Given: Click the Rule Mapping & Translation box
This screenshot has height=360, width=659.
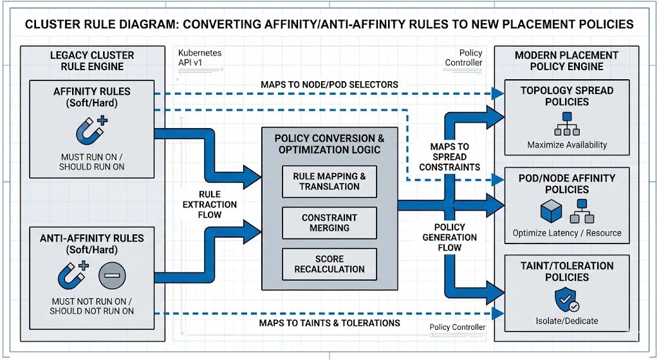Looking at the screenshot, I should [x=329, y=181].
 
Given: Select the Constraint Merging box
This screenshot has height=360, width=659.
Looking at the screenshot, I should [x=329, y=223].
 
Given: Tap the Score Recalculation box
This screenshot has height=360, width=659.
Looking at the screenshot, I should [x=329, y=264].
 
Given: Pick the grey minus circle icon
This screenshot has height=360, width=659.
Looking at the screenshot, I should [x=112, y=276].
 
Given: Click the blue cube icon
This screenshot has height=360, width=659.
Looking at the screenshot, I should [x=551, y=211].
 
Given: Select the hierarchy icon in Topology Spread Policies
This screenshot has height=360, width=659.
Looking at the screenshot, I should [x=567, y=123].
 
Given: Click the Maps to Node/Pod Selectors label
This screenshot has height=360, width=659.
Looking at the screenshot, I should [x=329, y=84].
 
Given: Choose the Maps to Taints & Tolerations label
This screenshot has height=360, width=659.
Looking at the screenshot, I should [x=329, y=323].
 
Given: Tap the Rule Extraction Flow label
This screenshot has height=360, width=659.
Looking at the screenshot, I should [x=210, y=204].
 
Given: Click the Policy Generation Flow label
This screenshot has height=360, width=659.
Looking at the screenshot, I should [x=450, y=237].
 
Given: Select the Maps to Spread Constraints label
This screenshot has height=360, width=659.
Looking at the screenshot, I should [x=450, y=156].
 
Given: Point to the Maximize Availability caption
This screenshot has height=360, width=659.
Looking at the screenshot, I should [x=567, y=145].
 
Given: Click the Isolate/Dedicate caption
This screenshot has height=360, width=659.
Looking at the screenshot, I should [x=567, y=321].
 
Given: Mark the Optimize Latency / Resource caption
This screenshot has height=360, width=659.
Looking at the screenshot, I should [x=567, y=232].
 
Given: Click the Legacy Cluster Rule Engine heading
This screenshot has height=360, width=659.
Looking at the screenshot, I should [x=87, y=61].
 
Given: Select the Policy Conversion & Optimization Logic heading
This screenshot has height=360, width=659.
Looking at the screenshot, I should [x=329, y=144].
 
